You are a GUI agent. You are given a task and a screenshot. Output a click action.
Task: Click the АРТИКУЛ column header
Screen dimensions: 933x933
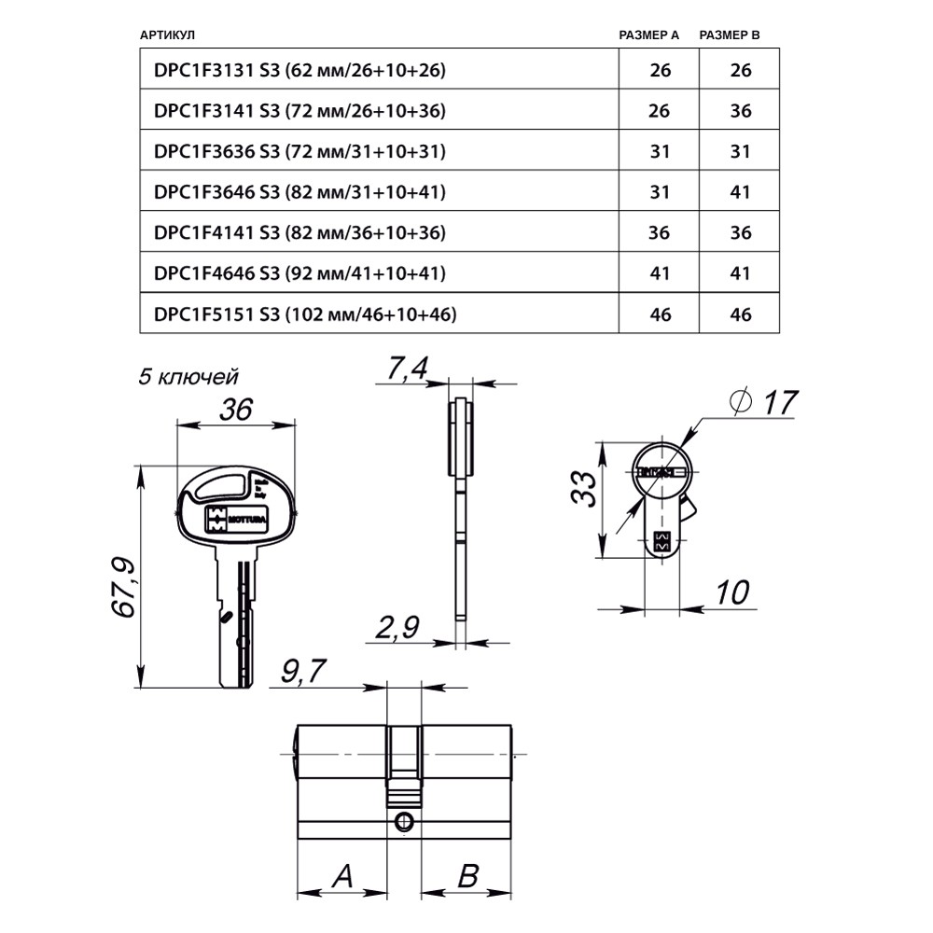coord(167,35)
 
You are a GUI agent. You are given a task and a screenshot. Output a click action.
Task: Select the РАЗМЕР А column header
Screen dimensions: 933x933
coord(649,35)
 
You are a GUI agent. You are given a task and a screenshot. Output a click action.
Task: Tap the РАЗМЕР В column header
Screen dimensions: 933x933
coord(730,35)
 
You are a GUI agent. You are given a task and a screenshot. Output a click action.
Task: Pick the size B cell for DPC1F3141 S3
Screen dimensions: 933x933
coord(741,110)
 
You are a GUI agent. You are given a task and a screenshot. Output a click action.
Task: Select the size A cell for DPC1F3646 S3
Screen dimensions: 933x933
coord(660,191)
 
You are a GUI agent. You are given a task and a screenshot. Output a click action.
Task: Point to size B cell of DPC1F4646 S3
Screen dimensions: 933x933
coord(741,273)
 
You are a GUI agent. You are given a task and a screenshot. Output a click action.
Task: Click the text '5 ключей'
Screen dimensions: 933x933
coord(188,377)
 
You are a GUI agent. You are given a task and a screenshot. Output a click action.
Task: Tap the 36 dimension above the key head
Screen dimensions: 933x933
coord(236,409)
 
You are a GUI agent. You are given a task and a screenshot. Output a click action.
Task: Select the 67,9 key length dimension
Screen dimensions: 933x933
coord(125,587)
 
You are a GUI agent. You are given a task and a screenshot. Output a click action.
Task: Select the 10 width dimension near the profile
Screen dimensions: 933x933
coord(734,592)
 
